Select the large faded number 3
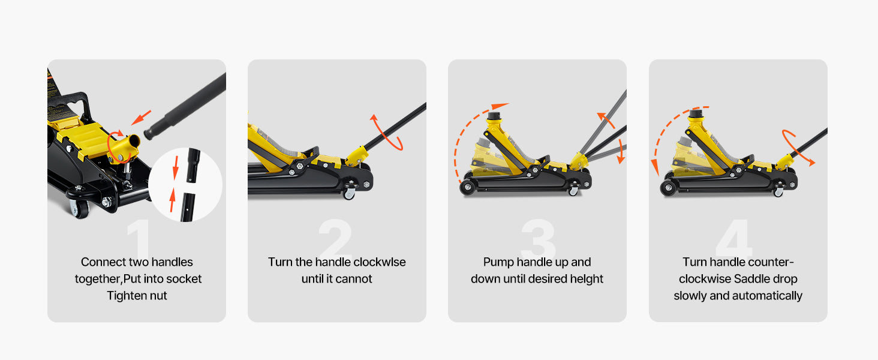pyautogui.click(x=538, y=239)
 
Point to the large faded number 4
pyautogui.click(x=733, y=239)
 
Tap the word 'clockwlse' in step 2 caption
pyautogui.click(x=379, y=262)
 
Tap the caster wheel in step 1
pyautogui.click(x=79, y=208)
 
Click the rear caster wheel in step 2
pyautogui.click(x=349, y=194)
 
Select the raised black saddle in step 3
pyautogui.click(x=495, y=115)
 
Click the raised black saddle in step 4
pyautogui.click(x=696, y=114)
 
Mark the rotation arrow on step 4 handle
pyautogui.click(x=798, y=146)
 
